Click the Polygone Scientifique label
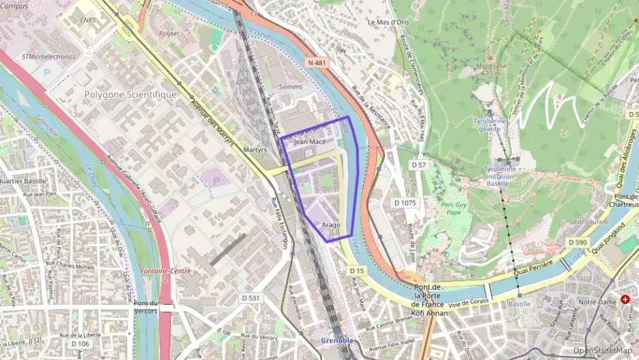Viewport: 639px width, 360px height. pyautogui.click(x=130, y=94)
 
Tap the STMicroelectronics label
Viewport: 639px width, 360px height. pyautogui.click(x=48, y=57)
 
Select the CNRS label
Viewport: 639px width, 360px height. pyautogui.click(x=87, y=21)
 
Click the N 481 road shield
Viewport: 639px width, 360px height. pyautogui.click(x=317, y=62)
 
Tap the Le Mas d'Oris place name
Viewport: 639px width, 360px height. pyautogui.click(x=387, y=22)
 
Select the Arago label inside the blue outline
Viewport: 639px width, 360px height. pyautogui.click(x=330, y=224)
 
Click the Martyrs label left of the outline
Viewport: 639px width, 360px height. pyautogui.click(x=255, y=149)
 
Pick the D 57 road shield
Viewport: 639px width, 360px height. pyautogui.click(x=418, y=165)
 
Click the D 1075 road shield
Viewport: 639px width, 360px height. pyautogui.click(x=405, y=203)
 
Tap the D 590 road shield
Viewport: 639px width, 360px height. pyautogui.click(x=577, y=243)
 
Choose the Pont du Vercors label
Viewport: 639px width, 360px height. pyautogui.click(x=146, y=307)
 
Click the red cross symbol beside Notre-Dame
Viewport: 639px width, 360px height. pyautogui.click(x=625, y=299)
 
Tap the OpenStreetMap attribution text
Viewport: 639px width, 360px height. pyautogui.click(x=602, y=350)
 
